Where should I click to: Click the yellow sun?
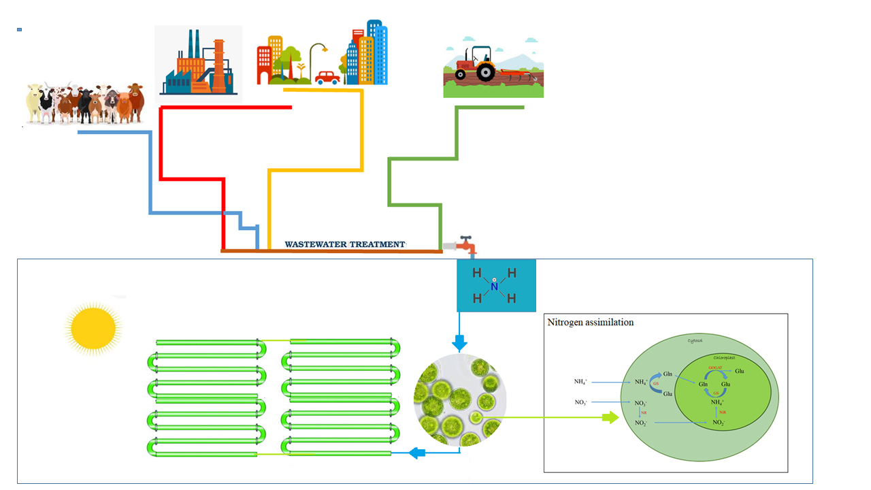pyautogui.click(x=93, y=327)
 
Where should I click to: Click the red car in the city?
pyautogui.click(x=328, y=78)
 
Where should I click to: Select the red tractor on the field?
pyautogui.click(x=476, y=65)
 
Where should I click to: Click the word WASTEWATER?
pyautogui.click(x=316, y=244)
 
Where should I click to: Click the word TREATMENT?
pyautogui.click(x=378, y=244)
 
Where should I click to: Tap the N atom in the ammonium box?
pyautogui.click(x=495, y=287)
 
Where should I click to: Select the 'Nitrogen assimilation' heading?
pyautogui.click(x=590, y=322)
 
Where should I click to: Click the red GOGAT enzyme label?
pyautogui.click(x=715, y=367)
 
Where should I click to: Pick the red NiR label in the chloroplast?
pyautogui.click(x=723, y=412)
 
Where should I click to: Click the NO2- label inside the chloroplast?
pyautogui.click(x=719, y=423)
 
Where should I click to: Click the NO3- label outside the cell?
pyautogui.click(x=582, y=402)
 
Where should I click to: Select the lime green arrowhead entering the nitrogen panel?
pyautogui.click(x=611, y=417)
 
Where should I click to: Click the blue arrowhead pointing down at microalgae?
pyautogui.click(x=459, y=344)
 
